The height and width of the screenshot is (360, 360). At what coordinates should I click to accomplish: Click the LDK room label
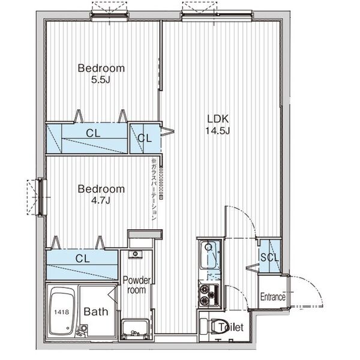218,119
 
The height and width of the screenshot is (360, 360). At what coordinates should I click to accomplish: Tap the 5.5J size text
101,80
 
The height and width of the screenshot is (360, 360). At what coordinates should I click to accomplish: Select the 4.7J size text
101,200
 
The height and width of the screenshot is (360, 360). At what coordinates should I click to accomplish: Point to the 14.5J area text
218,131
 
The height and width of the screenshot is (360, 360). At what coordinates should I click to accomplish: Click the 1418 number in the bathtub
62,312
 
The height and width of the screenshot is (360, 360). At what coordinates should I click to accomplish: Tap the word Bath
96,311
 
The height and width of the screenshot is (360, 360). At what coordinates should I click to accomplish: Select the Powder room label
137,285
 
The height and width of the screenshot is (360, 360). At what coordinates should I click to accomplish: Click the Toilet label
231,327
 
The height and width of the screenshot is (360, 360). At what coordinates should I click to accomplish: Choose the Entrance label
273,297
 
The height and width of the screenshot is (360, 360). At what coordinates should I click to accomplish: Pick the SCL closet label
269,257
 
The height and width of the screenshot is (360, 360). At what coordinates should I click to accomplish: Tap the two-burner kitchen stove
209,295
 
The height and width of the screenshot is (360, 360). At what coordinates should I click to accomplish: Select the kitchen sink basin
209,254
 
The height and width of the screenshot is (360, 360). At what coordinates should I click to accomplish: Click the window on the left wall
41,197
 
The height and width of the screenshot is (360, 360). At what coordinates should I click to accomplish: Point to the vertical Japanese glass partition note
154,189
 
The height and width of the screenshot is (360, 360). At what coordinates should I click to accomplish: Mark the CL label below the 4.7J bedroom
82,259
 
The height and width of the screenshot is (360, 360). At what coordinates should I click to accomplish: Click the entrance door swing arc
312,286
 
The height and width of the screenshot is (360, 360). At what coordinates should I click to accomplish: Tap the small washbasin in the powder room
135,254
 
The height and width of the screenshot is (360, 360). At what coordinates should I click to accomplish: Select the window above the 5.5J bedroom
109,16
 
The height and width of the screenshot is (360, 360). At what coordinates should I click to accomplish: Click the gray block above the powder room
145,235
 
